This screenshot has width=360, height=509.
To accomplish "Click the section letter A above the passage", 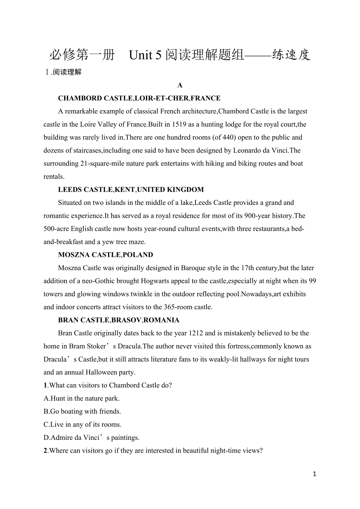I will pyautogui.click(x=180, y=85).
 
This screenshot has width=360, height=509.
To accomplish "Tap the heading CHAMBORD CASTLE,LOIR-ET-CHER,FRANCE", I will pyautogui.click(x=139, y=98).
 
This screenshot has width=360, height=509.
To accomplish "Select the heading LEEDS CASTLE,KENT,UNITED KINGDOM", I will pyautogui.click(x=131, y=190).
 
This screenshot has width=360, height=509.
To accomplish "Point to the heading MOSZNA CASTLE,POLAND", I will pyautogui.click(x=106, y=255).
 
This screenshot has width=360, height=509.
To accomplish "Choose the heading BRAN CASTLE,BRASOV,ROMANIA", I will pyautogui.click(x=119, y=320).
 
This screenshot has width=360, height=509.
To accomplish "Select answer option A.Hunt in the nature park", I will pyautogui.click(x=81, y=398).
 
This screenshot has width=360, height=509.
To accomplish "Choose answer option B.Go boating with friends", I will pyautogui.click(x=82, y=411).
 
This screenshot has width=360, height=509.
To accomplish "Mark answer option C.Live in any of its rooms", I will pyautogui.click(x=83, y=425).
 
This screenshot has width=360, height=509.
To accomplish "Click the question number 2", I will pyautogui.click(x=45, y=451).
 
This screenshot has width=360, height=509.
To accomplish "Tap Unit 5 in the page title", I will pyautogui.click(x=145, y=56).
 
